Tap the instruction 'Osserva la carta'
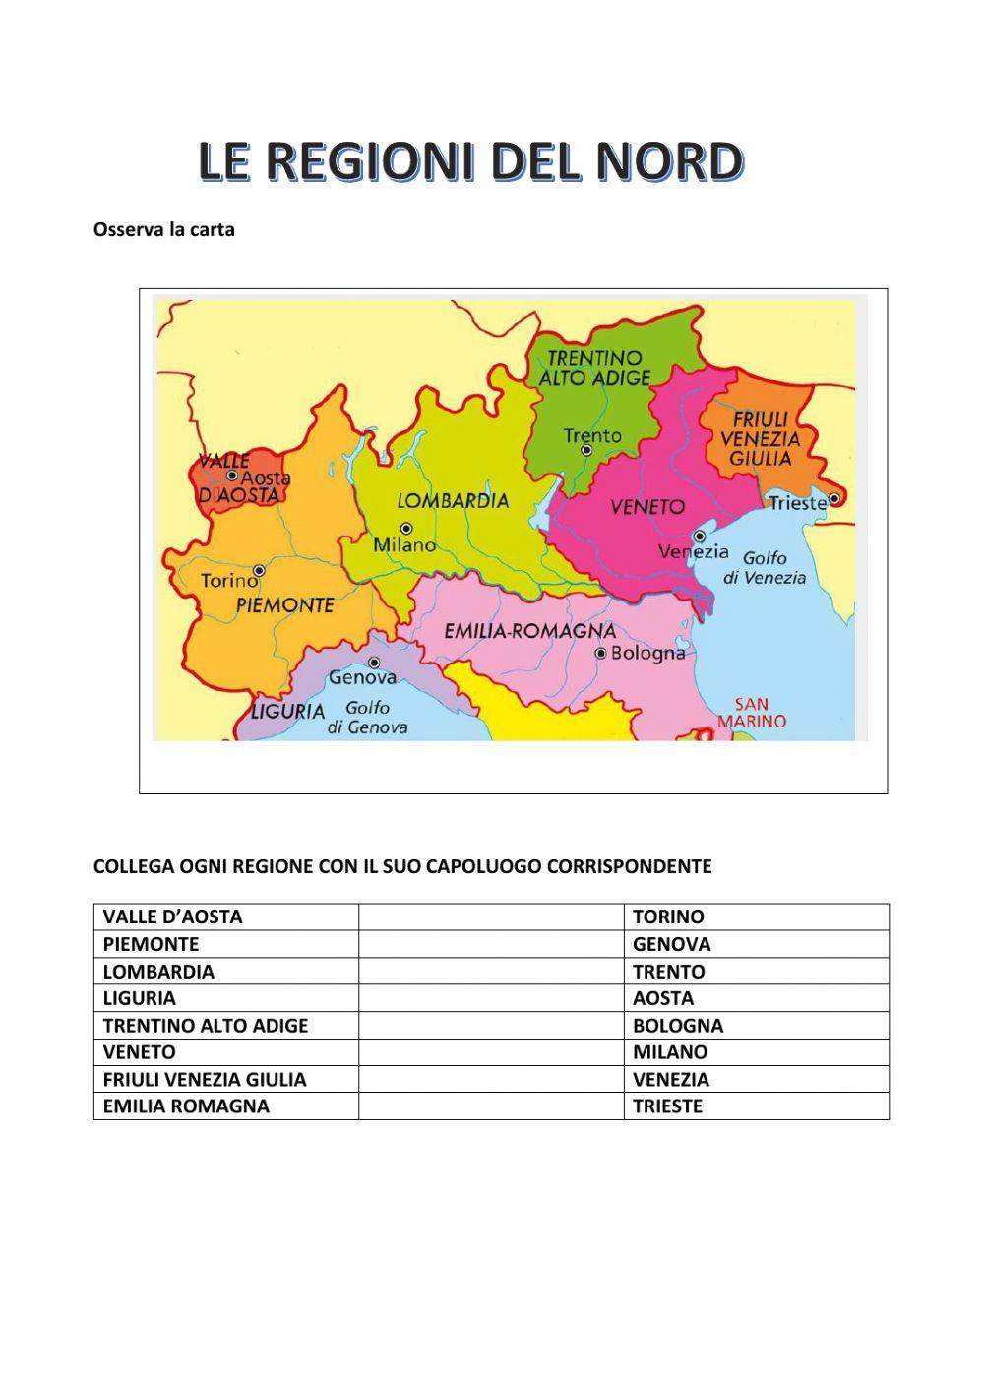point(163,230)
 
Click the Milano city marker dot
point(406,529)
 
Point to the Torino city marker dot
point(259,570)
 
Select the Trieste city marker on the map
point(834,499)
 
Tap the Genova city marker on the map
point(374,663)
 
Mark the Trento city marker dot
point(586,450)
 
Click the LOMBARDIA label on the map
point(453,501)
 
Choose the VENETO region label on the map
point(646,507)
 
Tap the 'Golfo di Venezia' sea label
point(765,568)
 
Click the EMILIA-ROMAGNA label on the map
point(530,631)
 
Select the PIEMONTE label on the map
point(284,605)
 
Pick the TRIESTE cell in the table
point(668,1106)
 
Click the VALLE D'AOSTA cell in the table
point(173,917)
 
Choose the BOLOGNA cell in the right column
point(678,1026)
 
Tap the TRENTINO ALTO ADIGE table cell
point(206,1026)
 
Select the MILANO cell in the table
point(670,1052)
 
